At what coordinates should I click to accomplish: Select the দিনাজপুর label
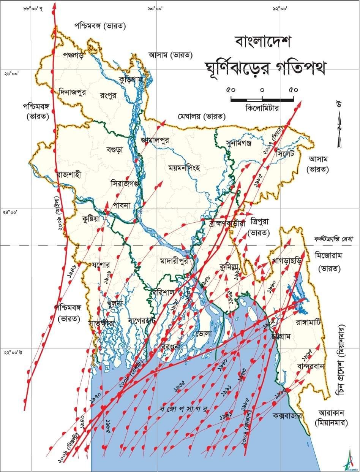coord(73,92)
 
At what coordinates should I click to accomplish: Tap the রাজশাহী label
coord(69,174)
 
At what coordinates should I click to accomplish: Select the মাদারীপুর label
coord(175,262)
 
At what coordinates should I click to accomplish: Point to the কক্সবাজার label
coord(287,417)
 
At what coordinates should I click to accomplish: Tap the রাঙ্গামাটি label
coord(308,323)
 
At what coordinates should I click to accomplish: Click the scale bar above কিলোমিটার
coord(262,100)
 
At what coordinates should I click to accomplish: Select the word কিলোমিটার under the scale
coord(262,108)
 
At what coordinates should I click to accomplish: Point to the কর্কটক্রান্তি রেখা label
coord(333,239)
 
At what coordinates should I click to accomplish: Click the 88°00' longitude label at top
coord(33,8)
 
